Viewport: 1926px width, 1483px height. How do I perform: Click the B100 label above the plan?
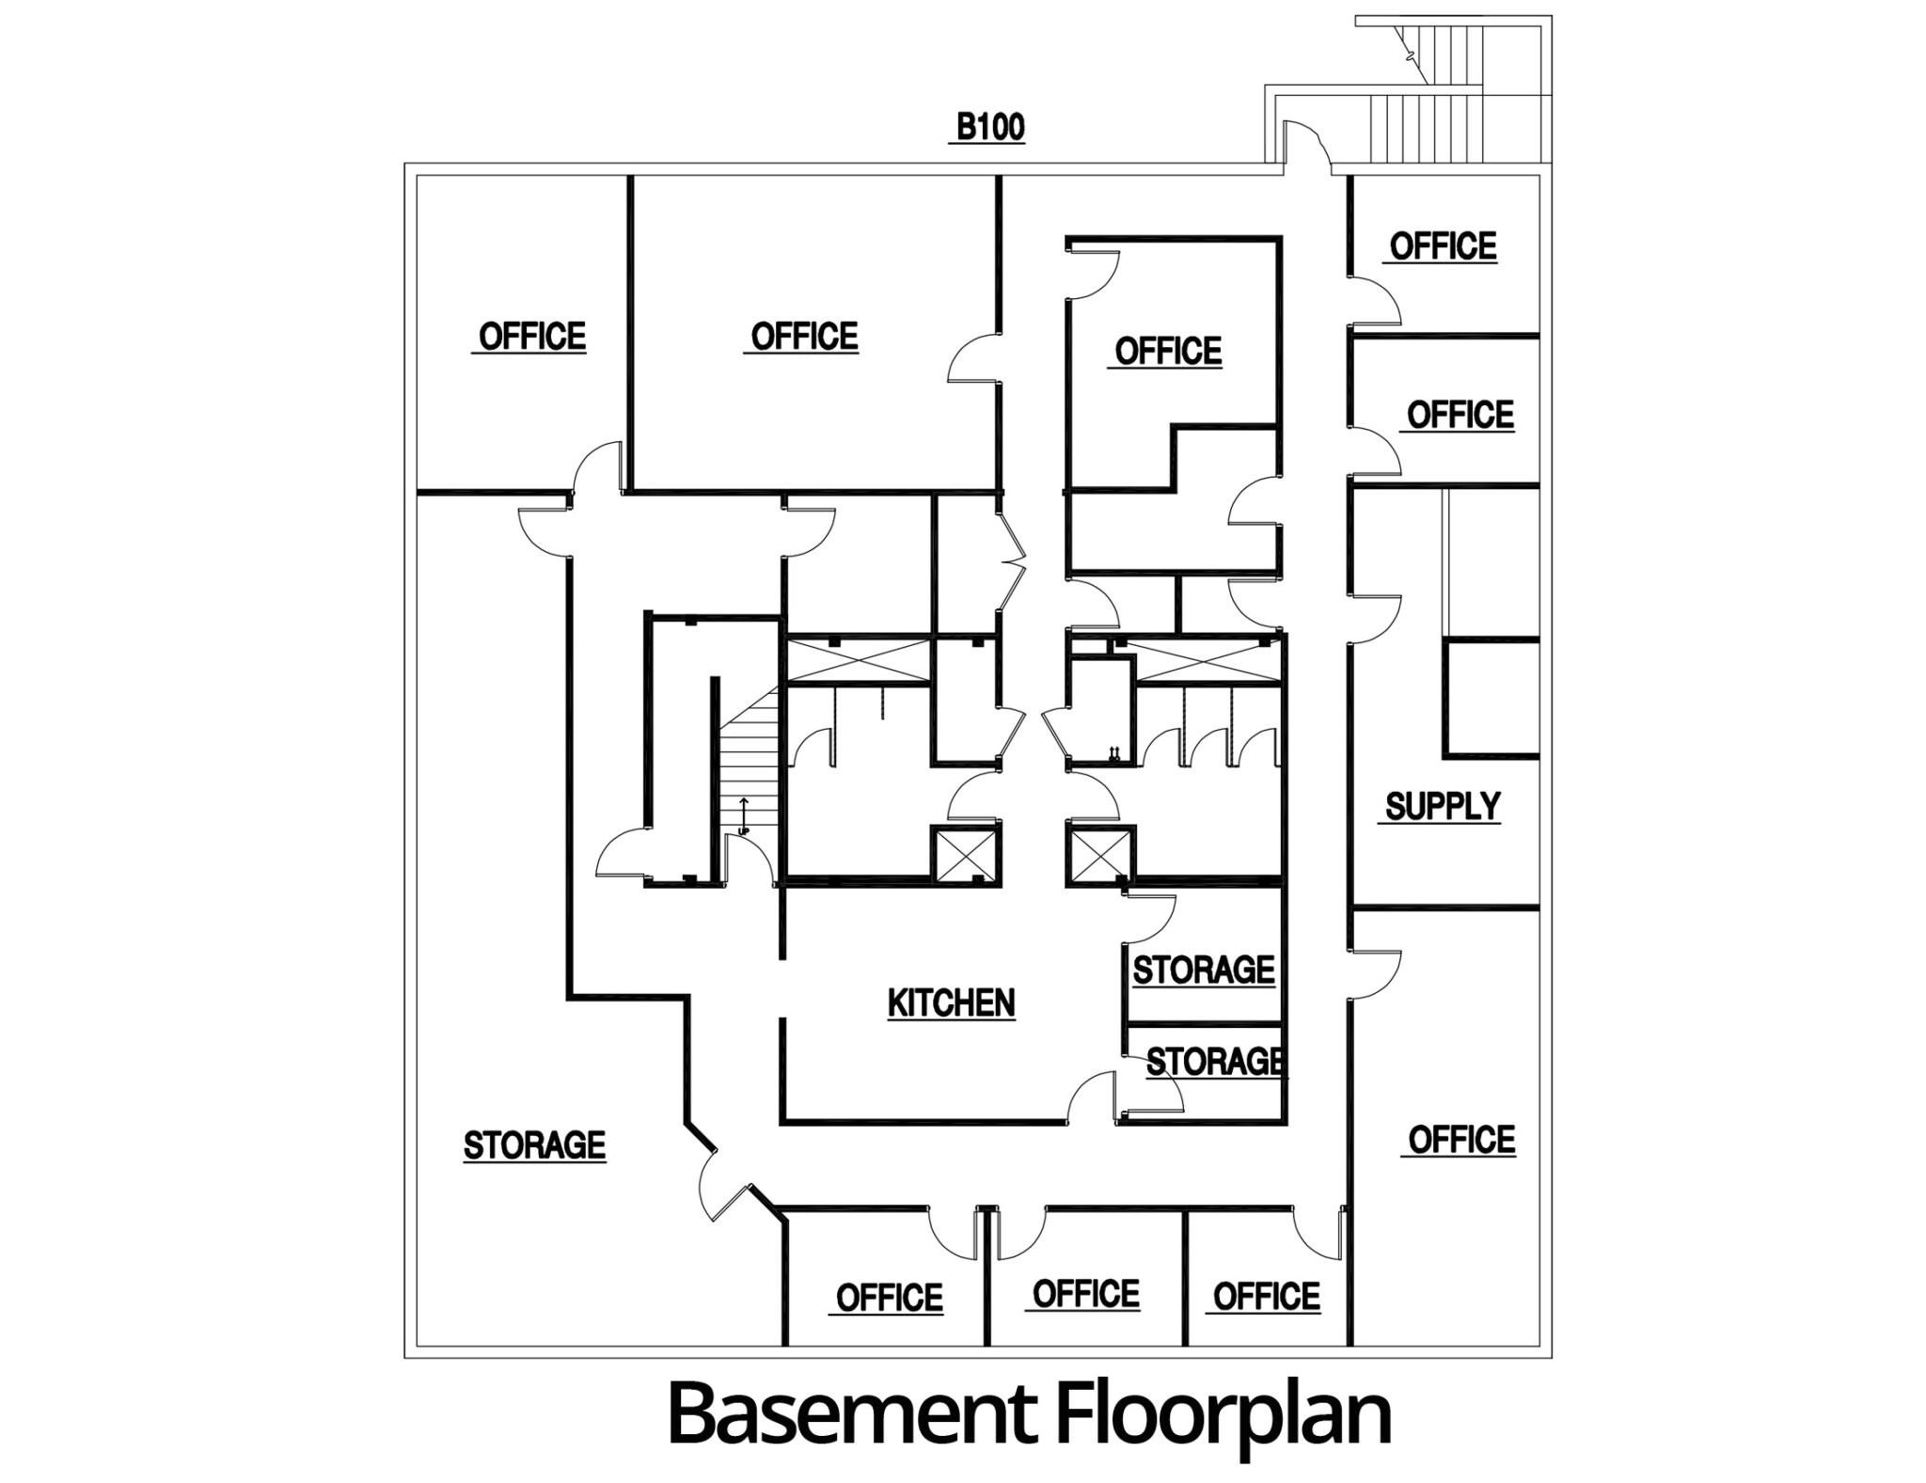pos(989,127)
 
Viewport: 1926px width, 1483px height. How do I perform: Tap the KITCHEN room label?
pos(951,1002)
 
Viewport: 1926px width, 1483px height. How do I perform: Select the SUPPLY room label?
pos(1443,806)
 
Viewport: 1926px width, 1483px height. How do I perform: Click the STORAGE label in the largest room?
pos(534,1144)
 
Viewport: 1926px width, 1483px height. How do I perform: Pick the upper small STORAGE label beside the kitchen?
pos(1203,970)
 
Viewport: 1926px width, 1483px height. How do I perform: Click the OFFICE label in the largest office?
pos(804,336)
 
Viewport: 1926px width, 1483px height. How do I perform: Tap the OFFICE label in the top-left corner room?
pos(532,336)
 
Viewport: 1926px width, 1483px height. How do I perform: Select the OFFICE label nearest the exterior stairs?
pos(1443,245)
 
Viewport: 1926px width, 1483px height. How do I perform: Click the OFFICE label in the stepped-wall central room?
pos(1168,351)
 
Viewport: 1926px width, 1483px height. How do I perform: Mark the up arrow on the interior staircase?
pos(744,815)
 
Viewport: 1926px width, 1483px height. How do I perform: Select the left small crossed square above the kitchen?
pos(964,855)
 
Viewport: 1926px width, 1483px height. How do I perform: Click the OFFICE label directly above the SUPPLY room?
pos(1460,414)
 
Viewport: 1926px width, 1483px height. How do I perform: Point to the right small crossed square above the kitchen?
pos(1098,856)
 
